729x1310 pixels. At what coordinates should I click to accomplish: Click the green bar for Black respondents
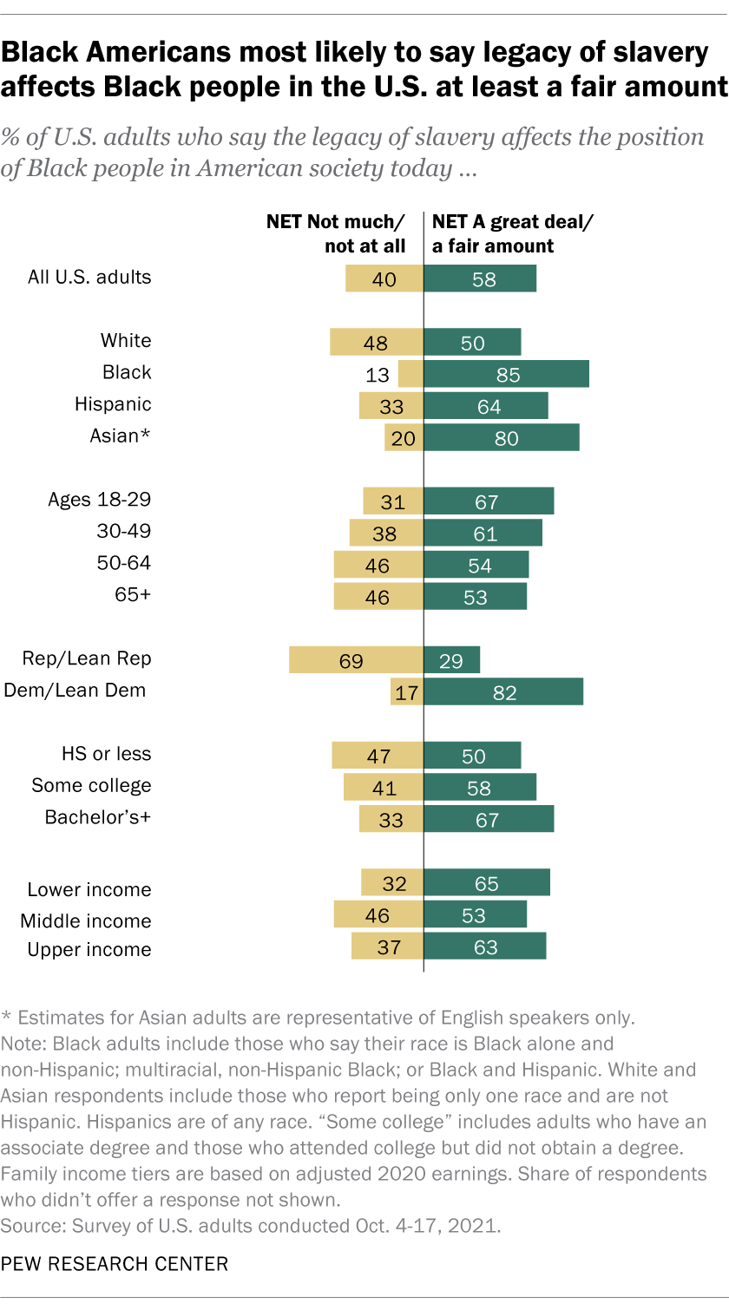pos(506,374)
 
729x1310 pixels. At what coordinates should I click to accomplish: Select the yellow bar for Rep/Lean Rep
pos(356,659)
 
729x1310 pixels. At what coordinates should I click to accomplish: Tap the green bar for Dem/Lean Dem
pos(503,691)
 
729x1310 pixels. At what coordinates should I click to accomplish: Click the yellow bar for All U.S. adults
pos(384,278)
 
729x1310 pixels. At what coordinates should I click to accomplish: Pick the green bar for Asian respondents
pos(501,437)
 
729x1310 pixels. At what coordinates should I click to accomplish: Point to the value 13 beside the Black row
pos(377,374)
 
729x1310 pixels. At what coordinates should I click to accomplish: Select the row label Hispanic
pos(113,404)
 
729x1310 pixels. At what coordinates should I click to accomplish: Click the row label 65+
pos(132,595)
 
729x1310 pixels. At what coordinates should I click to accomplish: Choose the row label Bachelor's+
pos(98,817)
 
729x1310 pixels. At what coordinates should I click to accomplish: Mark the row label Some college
pos(91,786)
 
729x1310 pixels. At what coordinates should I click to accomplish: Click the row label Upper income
pos(89,950)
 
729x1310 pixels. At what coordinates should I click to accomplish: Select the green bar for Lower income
pos(486,882)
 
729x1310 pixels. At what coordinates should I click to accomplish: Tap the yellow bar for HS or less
pos(377,755)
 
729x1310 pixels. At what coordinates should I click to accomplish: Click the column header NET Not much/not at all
pos(336,233)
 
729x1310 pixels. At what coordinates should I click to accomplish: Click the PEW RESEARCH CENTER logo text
pos(115,1264)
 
